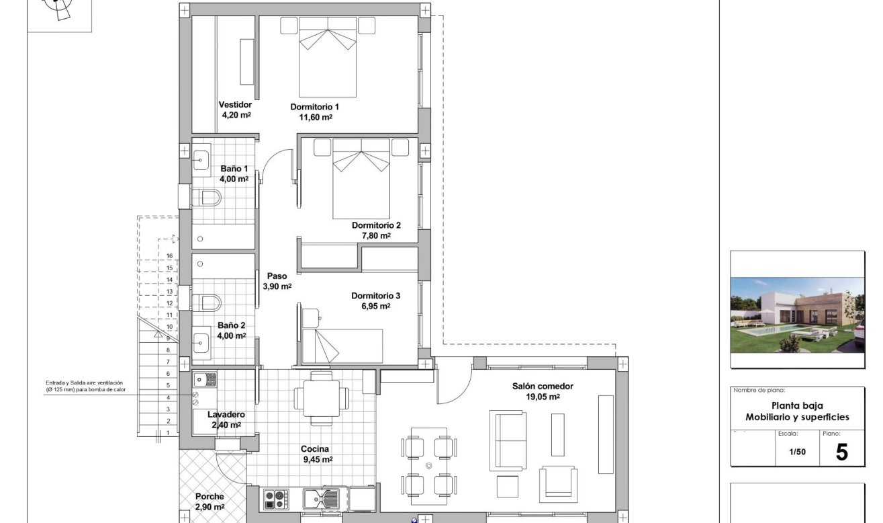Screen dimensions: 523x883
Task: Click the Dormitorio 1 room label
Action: tap(314, 107)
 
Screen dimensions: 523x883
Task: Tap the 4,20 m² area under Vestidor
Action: tap(236, 115)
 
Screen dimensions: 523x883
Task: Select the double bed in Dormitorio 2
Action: tap(362, 177)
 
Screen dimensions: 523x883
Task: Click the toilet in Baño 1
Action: tap(207, 198)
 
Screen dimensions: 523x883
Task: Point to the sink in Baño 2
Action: tap(201, 344)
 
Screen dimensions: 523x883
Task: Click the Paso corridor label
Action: tap(277, 276)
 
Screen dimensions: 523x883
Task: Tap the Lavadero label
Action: tap(226, 415)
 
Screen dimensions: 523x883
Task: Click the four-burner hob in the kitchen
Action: tap(275, 499)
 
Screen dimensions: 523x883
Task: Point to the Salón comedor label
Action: tap(543, 387)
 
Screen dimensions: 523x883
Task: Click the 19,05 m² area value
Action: tap(543, 397)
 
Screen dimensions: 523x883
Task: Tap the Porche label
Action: tap(210, 497)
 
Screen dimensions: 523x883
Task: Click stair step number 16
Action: tap(170, 256)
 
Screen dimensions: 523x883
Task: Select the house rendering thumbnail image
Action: tap(797, 315)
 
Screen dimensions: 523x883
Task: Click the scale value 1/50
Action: tap(798, 452)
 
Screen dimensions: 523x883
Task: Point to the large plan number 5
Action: tap(841, 452)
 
